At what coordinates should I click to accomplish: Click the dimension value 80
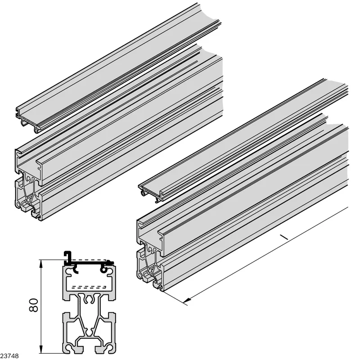pyautogui.click(x=33, y=305)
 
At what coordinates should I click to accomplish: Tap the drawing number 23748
pyautogui.click(x=9, y=356)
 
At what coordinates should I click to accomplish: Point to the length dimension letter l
pyautogui.click(x=283, y=237)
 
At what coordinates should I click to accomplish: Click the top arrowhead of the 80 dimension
pyautogui.click(x=41, y=264)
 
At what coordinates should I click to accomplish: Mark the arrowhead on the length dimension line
pyautogui.click(x=187, y=300)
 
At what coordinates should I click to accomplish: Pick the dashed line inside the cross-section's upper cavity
pyautogui.click(x=89, y=287)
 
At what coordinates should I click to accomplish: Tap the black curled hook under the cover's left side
pyautogui.click(x=76, y=269)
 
